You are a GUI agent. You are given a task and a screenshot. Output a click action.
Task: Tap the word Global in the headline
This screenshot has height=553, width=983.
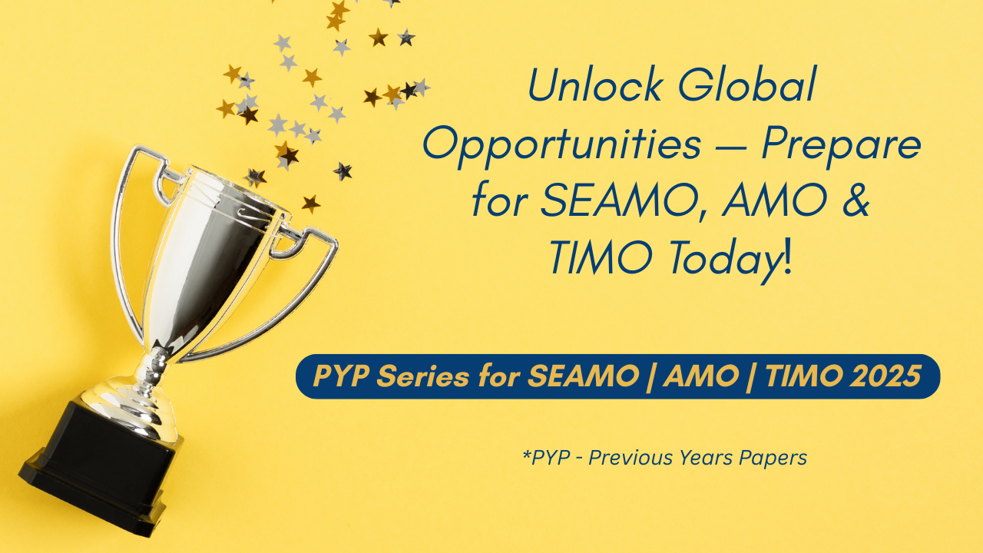click(748, 84)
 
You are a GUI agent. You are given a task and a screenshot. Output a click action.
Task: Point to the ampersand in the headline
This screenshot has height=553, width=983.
click(856, 200)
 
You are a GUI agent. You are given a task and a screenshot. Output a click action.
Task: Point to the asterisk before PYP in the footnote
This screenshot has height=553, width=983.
click(527, 453)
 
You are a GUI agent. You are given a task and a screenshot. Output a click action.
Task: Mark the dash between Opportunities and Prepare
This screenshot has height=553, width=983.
click(731, 147)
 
